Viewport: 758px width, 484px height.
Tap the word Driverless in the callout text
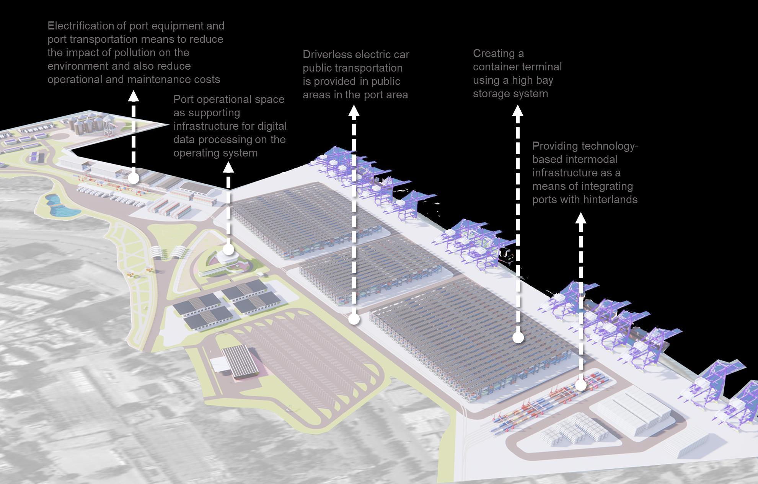pos(327,55)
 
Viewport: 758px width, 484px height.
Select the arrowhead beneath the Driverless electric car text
pos(354,111)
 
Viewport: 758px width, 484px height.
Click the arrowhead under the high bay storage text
pos(518,111)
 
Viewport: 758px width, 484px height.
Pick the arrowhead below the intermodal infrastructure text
pos(581,218)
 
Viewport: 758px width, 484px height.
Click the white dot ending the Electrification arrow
pos(134,178)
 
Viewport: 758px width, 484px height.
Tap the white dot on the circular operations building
pos(228,249)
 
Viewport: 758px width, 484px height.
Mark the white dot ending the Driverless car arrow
pos(354,319)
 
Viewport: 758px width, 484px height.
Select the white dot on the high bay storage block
pos(518,337)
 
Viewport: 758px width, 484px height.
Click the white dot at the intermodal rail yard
pos(581,385)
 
